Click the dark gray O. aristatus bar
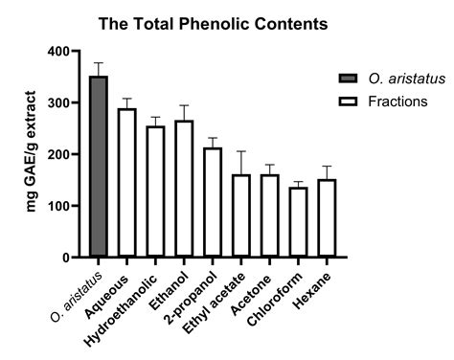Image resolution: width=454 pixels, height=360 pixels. [99, 167]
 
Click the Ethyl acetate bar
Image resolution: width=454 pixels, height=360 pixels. [241, 215]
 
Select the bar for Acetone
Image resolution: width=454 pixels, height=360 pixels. [269, 215]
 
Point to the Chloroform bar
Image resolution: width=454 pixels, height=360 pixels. [298, 221]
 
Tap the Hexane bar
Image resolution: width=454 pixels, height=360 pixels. [327, 217]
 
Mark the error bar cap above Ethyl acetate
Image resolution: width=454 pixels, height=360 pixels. [241, 151]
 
